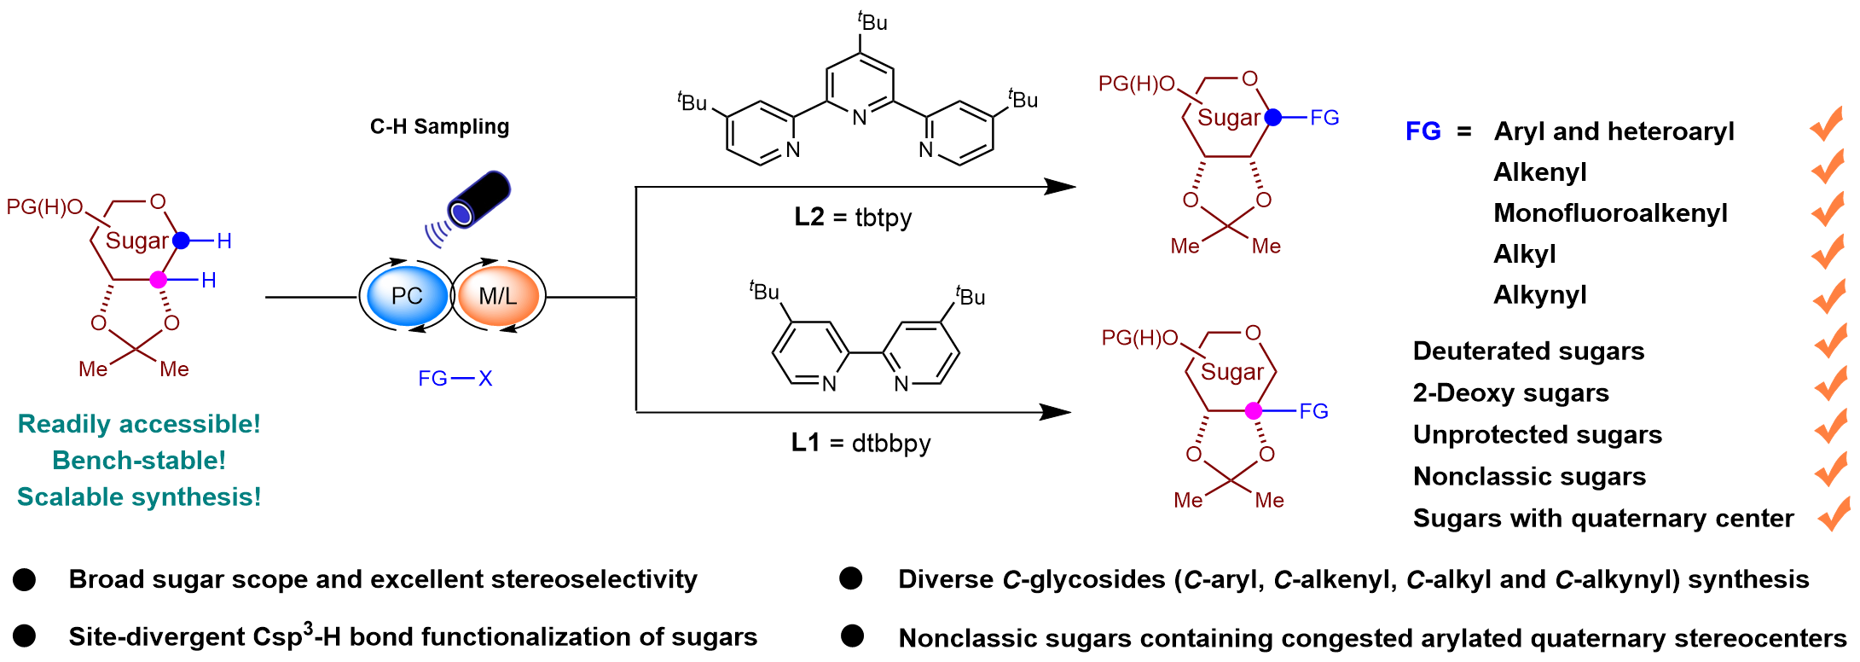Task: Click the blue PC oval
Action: coord(407,296)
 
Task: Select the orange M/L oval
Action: coord(498,296)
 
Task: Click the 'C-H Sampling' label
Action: coord(439,127)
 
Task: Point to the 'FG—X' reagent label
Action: coord(455,378)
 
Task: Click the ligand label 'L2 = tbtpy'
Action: coord(853,218)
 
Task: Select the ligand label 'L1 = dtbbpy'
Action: coord(860,444)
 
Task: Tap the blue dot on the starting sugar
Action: coord(181,241)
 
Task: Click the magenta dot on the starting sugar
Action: coord(159,280)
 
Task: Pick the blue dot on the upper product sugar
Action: coord(1273,118)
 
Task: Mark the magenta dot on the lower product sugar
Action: coord(1254,411)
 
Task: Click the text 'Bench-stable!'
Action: coord(139,461)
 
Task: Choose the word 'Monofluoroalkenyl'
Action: coord(1610,213)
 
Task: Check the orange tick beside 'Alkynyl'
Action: coord(1828,296)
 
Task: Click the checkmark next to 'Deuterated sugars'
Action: coord(1830,341)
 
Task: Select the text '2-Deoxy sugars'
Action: coord(1510,393)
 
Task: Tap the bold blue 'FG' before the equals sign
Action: coord(1423,131)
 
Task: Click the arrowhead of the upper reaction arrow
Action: coord(1062,186)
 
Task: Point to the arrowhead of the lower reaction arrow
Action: coord(1057,412)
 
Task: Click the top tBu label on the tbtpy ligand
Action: coord(872,21)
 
